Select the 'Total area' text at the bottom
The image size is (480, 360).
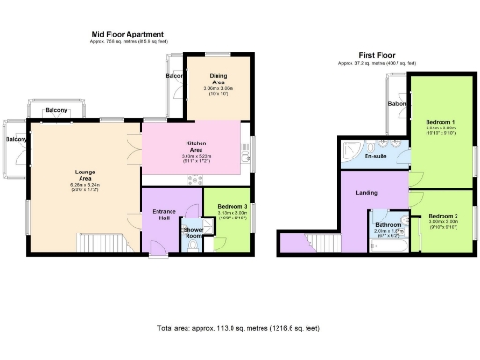238,327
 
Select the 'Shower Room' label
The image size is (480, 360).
193,232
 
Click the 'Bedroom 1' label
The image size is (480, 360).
440,123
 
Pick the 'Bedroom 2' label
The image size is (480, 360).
442,217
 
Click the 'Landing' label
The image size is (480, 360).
367,192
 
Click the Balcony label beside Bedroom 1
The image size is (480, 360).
397,104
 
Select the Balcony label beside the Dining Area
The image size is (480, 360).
174,75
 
